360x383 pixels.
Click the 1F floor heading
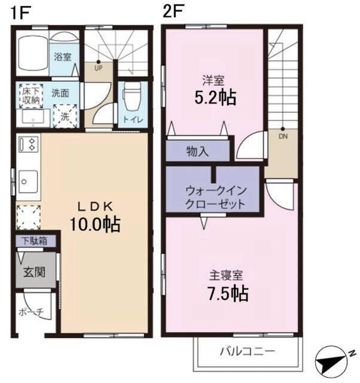(18, 13)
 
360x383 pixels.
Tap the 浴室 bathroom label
(63, 57)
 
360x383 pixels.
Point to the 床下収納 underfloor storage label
(30, 96)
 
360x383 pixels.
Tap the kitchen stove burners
(28, 144)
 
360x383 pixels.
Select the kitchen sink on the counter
(28, 179)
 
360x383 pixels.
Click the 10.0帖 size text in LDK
(94, 224)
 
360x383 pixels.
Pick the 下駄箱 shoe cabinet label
(36, 242)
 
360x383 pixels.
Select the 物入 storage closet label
(197, 151)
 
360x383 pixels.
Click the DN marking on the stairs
(283, 135)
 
